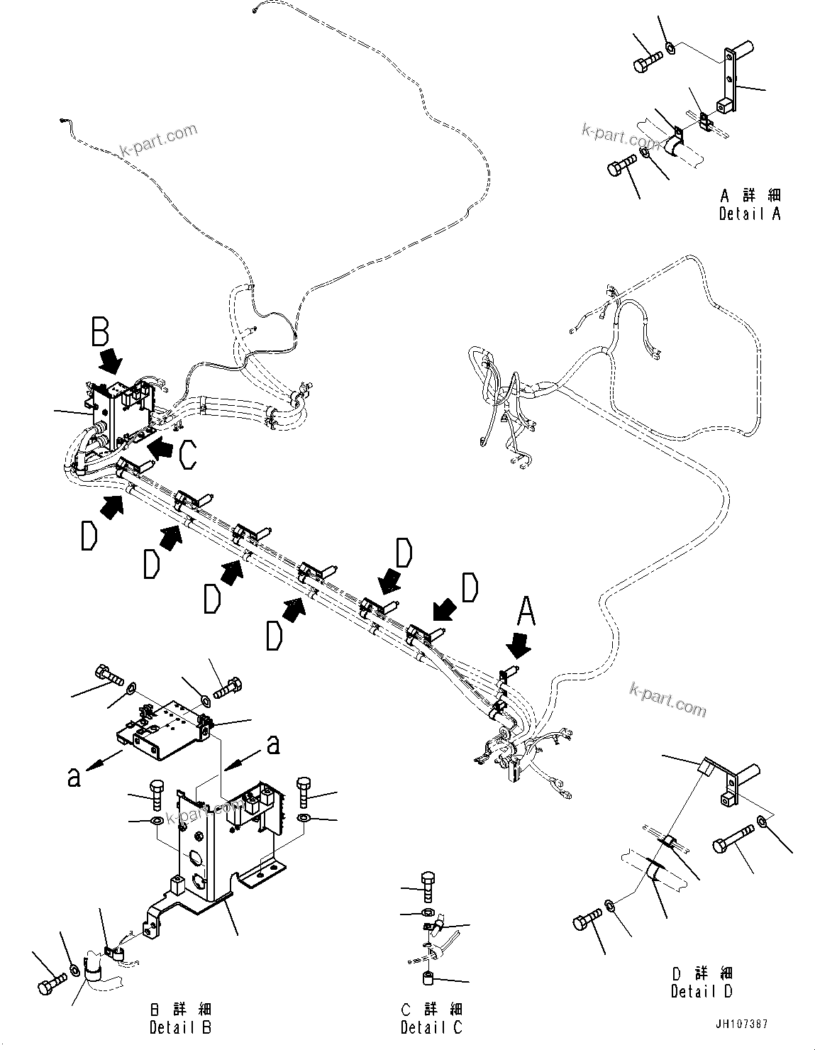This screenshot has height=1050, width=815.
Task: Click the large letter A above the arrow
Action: (x=525, y=612)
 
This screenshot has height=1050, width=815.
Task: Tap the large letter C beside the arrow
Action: (x=187, y=454)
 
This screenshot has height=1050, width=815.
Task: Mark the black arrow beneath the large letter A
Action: (x=519, y=644)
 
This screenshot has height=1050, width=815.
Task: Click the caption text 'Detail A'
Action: (x=749, y=214)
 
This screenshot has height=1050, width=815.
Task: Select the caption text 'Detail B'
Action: (x=180, y=1026)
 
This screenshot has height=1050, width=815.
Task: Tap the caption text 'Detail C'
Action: (x=431, y=1026)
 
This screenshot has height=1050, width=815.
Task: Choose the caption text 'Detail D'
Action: (x=702, y=991)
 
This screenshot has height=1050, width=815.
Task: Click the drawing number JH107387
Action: (x=741, y=1024)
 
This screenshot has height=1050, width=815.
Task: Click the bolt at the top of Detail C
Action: (x=431, y=884)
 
